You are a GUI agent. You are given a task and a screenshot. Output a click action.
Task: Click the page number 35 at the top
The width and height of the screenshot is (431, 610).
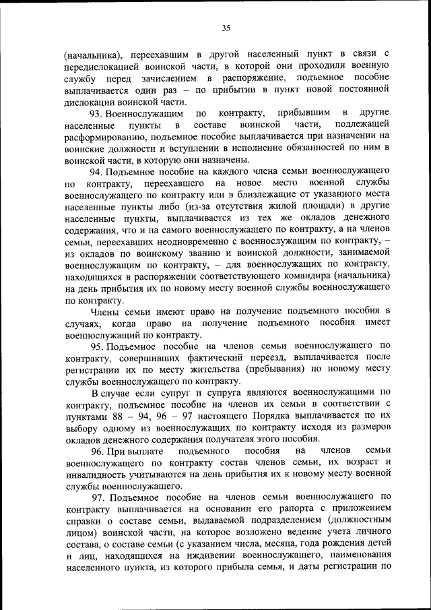pos(226,28)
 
